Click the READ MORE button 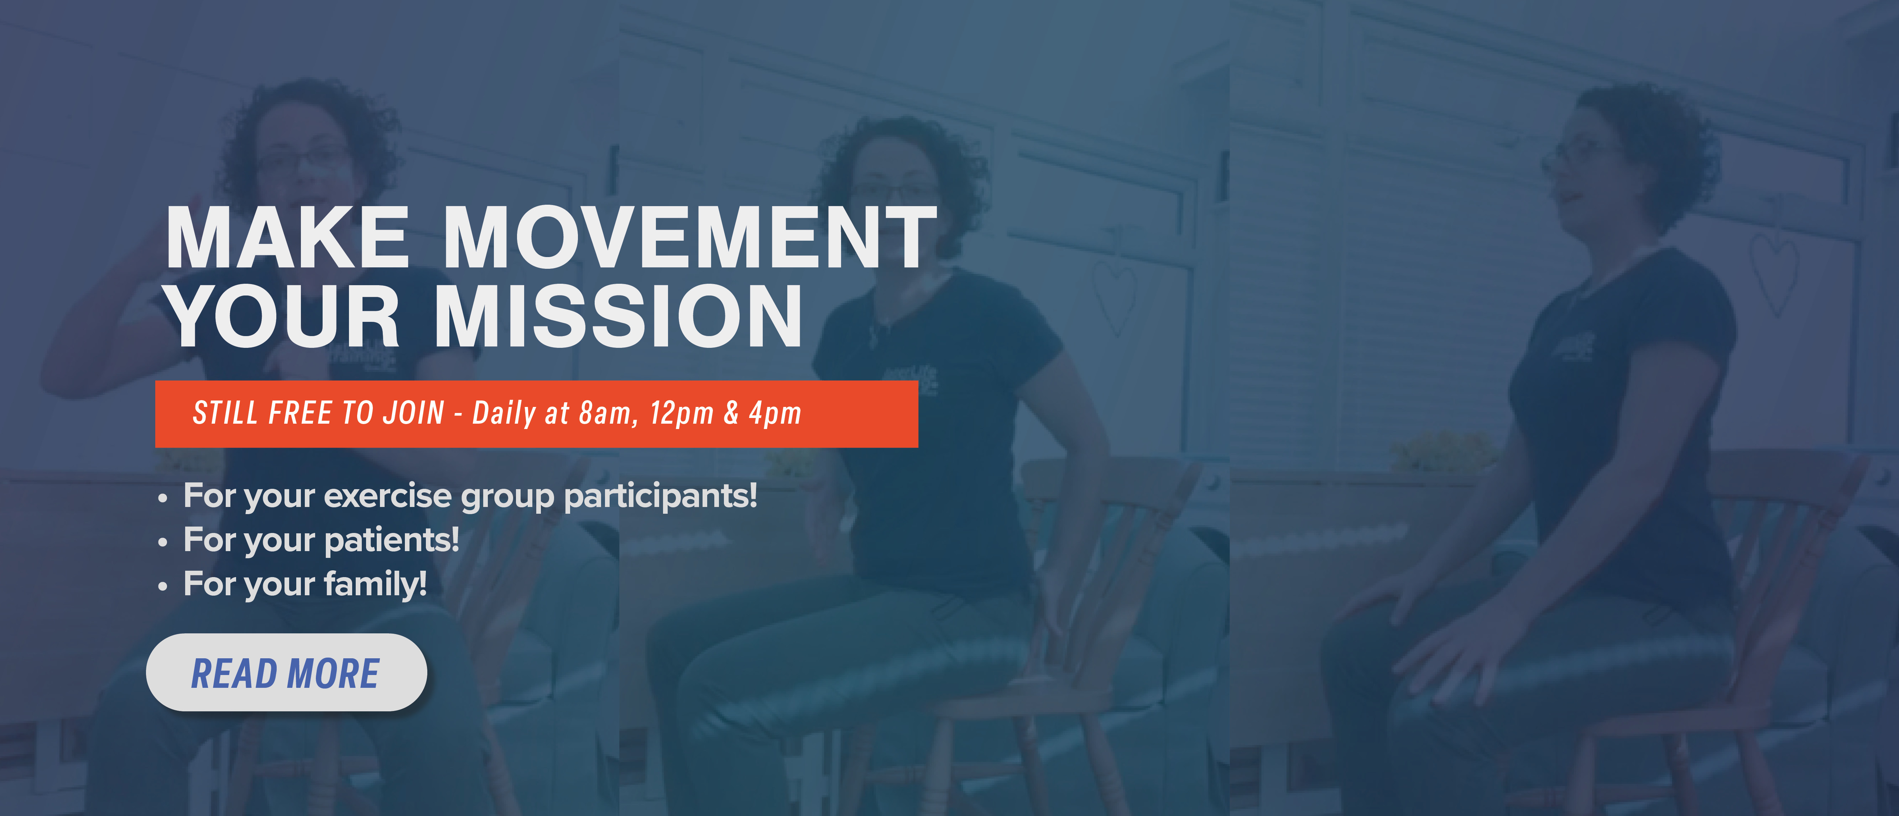tap(286, 672)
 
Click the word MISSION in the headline tap(618, 315)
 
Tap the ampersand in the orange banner tap(731, 413)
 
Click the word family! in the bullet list tap(375, 584)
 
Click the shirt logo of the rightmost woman tap(1572, 346)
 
